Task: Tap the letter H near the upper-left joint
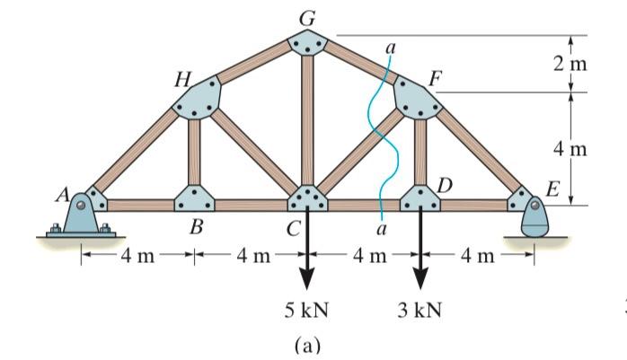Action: (183, 79)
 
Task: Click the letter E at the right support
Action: (552, 191)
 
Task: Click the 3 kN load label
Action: (419, 311)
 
